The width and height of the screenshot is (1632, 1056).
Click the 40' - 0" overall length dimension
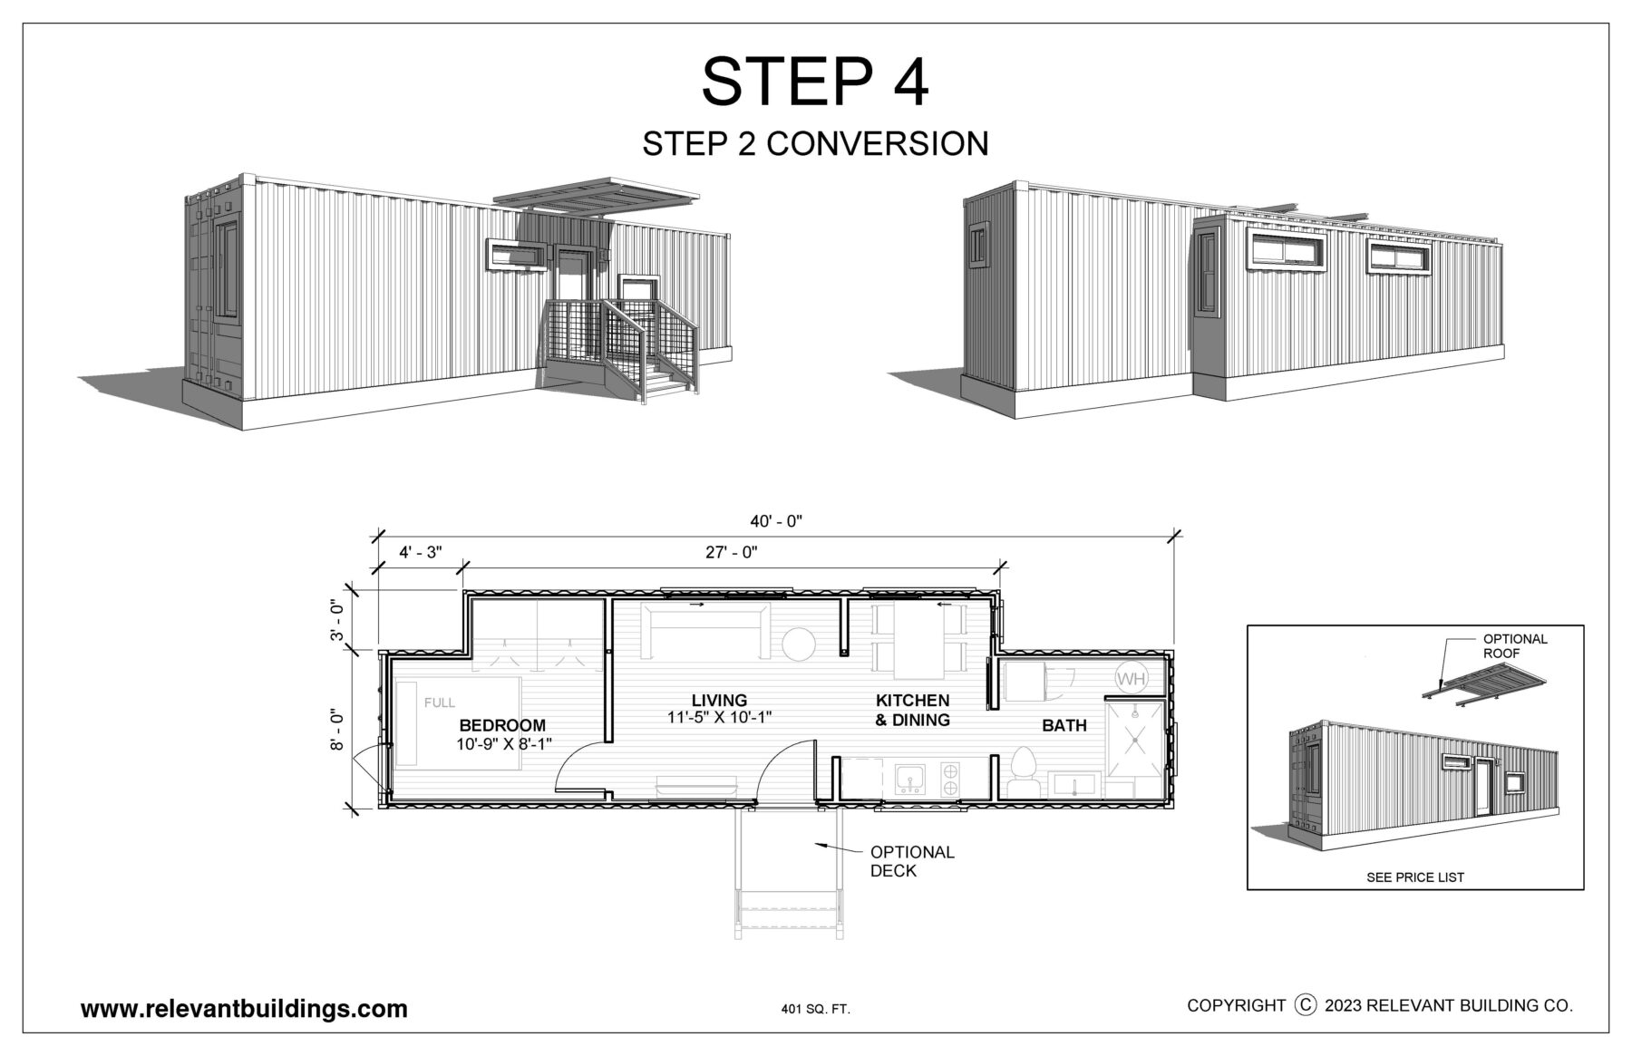point(776,521)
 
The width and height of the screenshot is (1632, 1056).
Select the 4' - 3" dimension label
point(420,552)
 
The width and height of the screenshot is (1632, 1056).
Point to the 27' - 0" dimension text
point(732,552)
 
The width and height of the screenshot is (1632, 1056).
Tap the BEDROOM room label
point(502,725)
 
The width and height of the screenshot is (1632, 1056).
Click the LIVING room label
point(719,700)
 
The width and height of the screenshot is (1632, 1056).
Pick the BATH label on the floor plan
point(1064,725)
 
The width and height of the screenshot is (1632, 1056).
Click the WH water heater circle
point(1130,678)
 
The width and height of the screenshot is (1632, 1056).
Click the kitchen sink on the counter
point(908,779)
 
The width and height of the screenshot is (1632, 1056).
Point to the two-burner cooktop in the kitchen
point(950,779)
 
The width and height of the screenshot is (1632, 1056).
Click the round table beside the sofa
point(799,644)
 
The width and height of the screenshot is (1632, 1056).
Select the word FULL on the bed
point(440,702)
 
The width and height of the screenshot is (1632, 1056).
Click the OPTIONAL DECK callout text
point(912,861)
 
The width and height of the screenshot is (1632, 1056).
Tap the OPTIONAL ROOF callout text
point(1515,645)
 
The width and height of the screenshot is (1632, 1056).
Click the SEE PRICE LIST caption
point(1415,877)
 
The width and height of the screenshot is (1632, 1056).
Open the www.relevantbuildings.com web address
point(244,1009)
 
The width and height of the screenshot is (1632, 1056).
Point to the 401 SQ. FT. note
point(815,1009)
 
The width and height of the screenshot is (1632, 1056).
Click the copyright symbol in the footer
point(1306,1004)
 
